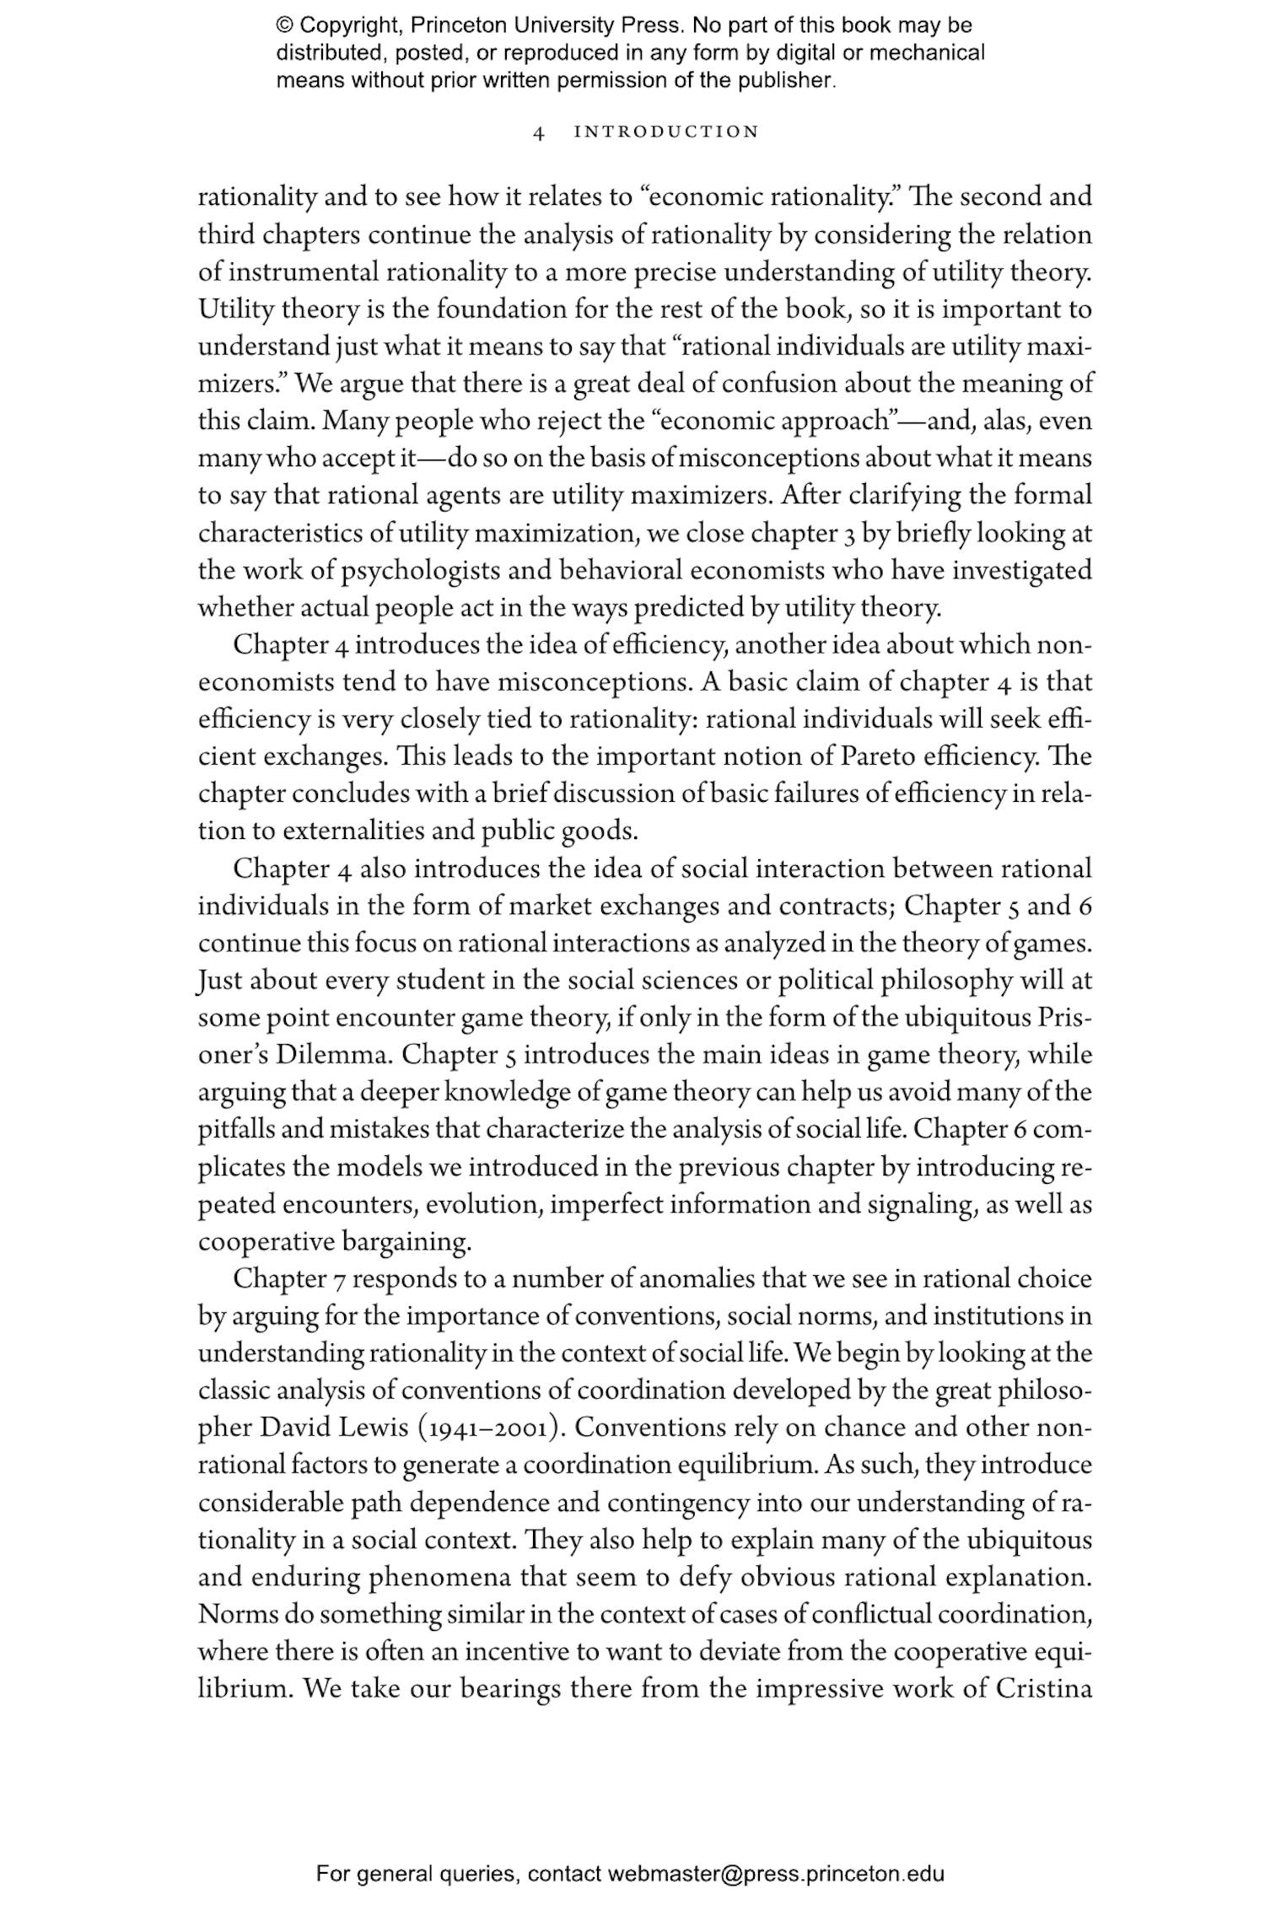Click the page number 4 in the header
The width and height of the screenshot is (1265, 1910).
(x=540, y=132)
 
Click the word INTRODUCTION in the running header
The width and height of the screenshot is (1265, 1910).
(x=666, y=132)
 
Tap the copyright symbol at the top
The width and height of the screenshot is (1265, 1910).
(x=284, y=25)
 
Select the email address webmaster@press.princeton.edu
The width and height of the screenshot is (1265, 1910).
(x=775, y=1874)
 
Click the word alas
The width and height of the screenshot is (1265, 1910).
(x=993, y=421)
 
